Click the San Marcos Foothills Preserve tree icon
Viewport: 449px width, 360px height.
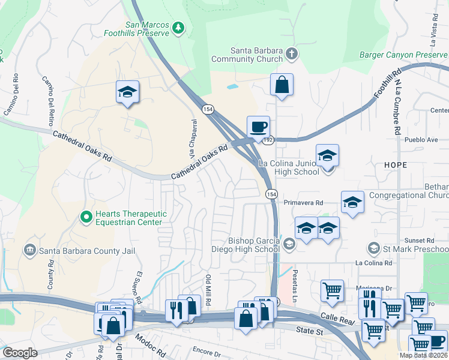[x=178, y=28]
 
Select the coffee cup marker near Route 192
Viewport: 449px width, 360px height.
[x=259, y=127]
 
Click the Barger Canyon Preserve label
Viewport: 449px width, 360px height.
[x=403, y=55]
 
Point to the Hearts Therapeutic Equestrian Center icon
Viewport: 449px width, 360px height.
[x=86, y=216]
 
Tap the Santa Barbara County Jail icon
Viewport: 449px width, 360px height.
[x=29, y=250]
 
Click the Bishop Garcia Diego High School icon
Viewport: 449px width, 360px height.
[x=289, y=243]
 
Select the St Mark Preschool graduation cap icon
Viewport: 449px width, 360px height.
[x=373, y=248]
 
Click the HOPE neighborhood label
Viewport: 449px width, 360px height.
[x=397, y=164]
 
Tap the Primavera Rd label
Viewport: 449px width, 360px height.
[x=304, y=202]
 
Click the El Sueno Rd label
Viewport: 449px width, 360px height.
[x=138, y=287]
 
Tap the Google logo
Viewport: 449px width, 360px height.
[x=20, y=353]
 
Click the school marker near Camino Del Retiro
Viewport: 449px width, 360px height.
[x=127, y=92]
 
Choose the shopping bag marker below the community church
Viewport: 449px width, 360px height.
[x=282, y=85]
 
